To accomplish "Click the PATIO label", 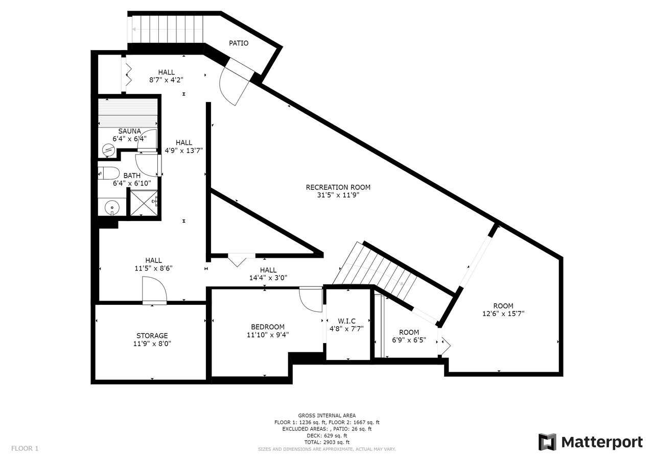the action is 239,43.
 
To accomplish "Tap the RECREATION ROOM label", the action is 338,187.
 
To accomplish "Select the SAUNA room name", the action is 129,131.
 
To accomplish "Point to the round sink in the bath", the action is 112,207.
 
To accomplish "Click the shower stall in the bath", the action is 144,203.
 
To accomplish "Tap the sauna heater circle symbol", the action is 109,150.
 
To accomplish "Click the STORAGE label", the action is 152,336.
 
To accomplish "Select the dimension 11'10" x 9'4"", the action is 268,335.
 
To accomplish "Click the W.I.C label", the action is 346,321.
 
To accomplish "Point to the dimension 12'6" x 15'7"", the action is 503,314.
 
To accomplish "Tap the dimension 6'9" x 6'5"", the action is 409,340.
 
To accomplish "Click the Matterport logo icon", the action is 547,442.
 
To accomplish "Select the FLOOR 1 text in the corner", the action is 25,448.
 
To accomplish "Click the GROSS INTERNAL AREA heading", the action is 326,416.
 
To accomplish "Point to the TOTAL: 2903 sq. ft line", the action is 326,442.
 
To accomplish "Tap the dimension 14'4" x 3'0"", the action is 268,278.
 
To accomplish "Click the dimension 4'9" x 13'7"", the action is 183,151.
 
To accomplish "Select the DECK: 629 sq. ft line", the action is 326,436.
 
